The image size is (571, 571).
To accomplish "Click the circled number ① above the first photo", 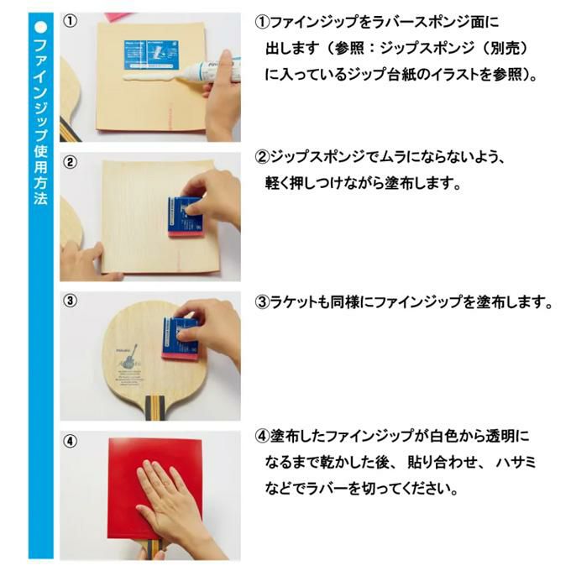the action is pyautogui.click(x=70, y=21).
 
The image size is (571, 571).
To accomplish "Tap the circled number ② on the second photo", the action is pyautogui.click(x=70, y=162).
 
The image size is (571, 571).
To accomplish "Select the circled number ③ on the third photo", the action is pyautogui.click(x=70, y=301).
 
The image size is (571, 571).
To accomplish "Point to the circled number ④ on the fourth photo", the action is pyautogui.click(x=70, y=442).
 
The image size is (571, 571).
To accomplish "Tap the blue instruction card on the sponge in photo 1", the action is pyautogui.click(x=151, y=55).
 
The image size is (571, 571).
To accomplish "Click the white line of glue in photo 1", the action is pyautogui.click(x=150, y=76).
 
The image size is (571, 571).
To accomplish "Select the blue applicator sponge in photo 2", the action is pyautogui.click(x=185, y=217).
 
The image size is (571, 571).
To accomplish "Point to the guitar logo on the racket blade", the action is pyautogui.click(x=128, y=358).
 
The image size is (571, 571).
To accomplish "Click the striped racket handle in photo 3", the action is pyautogui.click(x=154, y=407).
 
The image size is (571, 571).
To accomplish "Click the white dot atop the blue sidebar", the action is pyautogui.click(x=41, y=27).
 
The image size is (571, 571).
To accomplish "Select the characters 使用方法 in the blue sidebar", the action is pyautogui.click(x=41, y=175).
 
